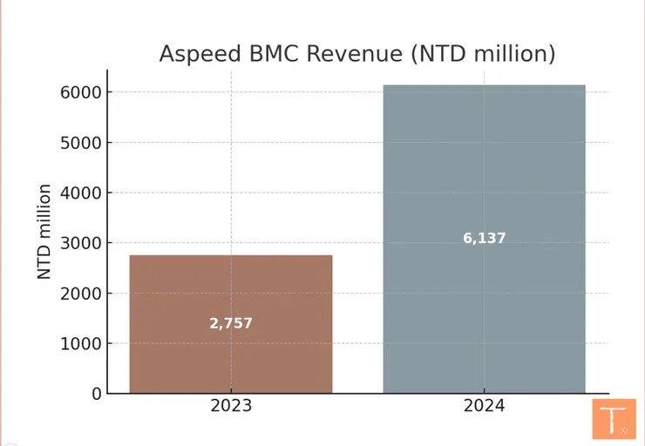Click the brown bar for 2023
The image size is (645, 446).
click(x=231, y=287)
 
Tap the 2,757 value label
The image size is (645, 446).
click(x=231, y=323)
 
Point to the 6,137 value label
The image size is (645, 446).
click(x=484, y=238)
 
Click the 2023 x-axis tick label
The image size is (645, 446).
click(x=231, y=407)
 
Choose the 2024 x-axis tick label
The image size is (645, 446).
click(x=484, y=407)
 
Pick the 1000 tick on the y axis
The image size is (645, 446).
click(x=81, y=343)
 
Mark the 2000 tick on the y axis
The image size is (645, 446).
click(x=81, y=294)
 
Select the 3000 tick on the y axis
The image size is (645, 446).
click(x=81, y=243)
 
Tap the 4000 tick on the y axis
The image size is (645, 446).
click(x=81, y=193)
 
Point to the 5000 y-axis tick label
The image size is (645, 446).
click(x=81, y=143)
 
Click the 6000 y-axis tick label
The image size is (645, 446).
click(x=81, y=92)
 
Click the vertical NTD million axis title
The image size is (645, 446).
click(x=44, y=231)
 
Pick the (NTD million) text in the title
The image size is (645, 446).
click(x=483, y=54)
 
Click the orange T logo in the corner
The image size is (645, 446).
click(x=614, y=418)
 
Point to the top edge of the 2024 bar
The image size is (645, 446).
click(x=484, y=85)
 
